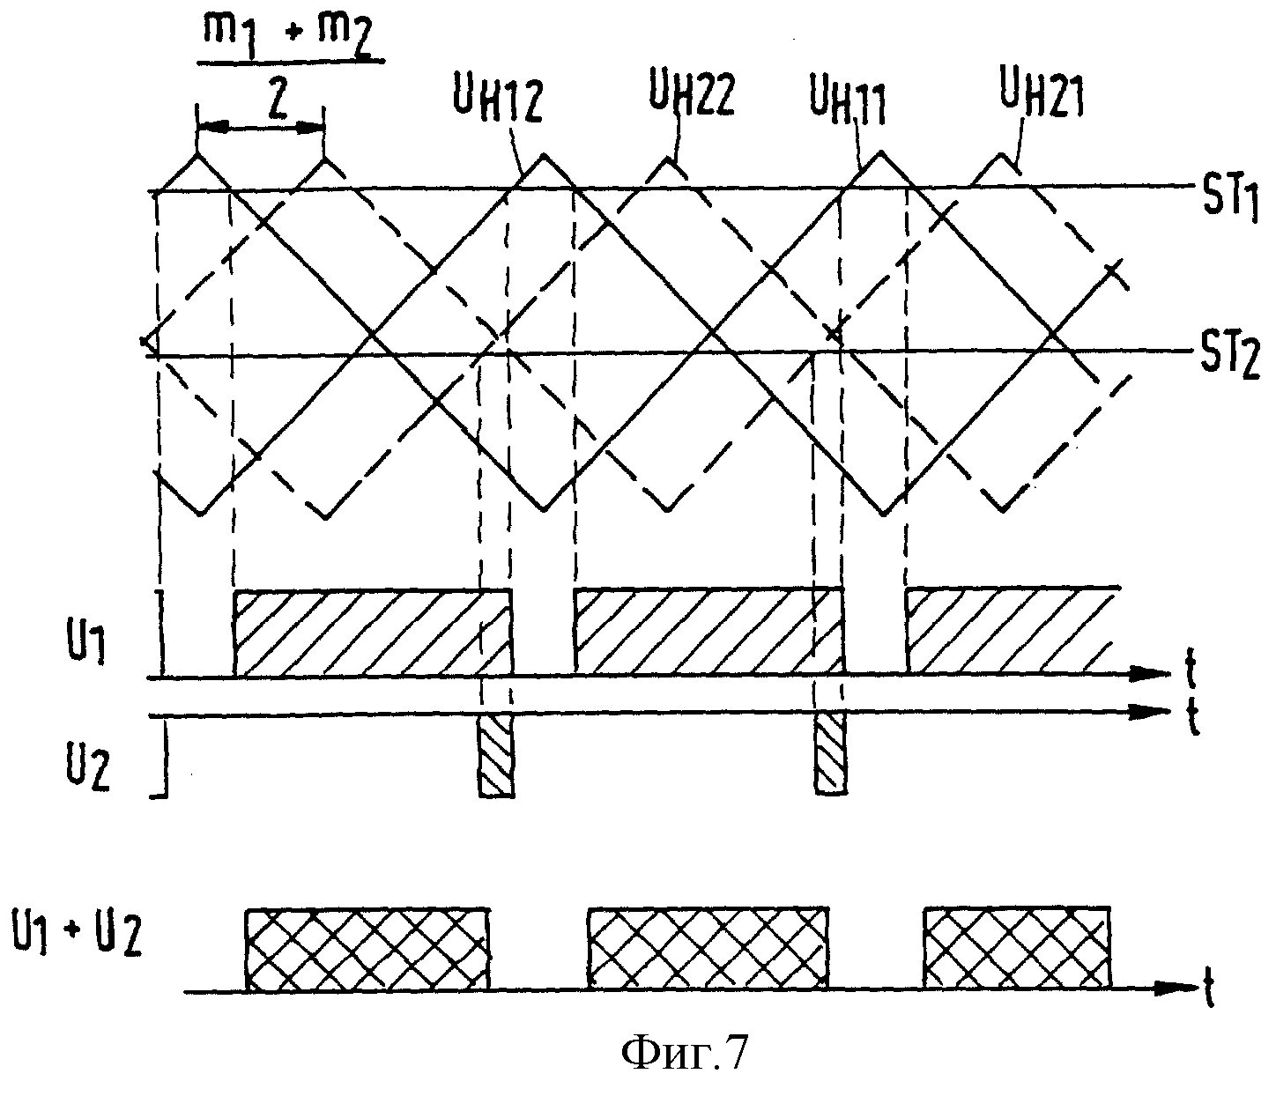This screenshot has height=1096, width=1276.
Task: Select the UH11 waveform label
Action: pos(849,104)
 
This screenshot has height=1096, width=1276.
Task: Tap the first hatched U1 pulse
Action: pos(374,633)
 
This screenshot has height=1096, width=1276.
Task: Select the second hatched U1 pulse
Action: pos(709,633)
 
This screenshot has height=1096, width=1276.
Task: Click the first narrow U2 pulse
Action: pos(496,755)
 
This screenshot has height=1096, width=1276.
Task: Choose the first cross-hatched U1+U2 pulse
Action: pos(368,951)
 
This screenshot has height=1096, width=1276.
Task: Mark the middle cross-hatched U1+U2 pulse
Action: pos(708,951)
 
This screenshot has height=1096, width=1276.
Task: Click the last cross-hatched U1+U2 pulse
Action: pos(1017,949)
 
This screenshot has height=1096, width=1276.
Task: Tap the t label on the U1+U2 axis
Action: pos(1207,989)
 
